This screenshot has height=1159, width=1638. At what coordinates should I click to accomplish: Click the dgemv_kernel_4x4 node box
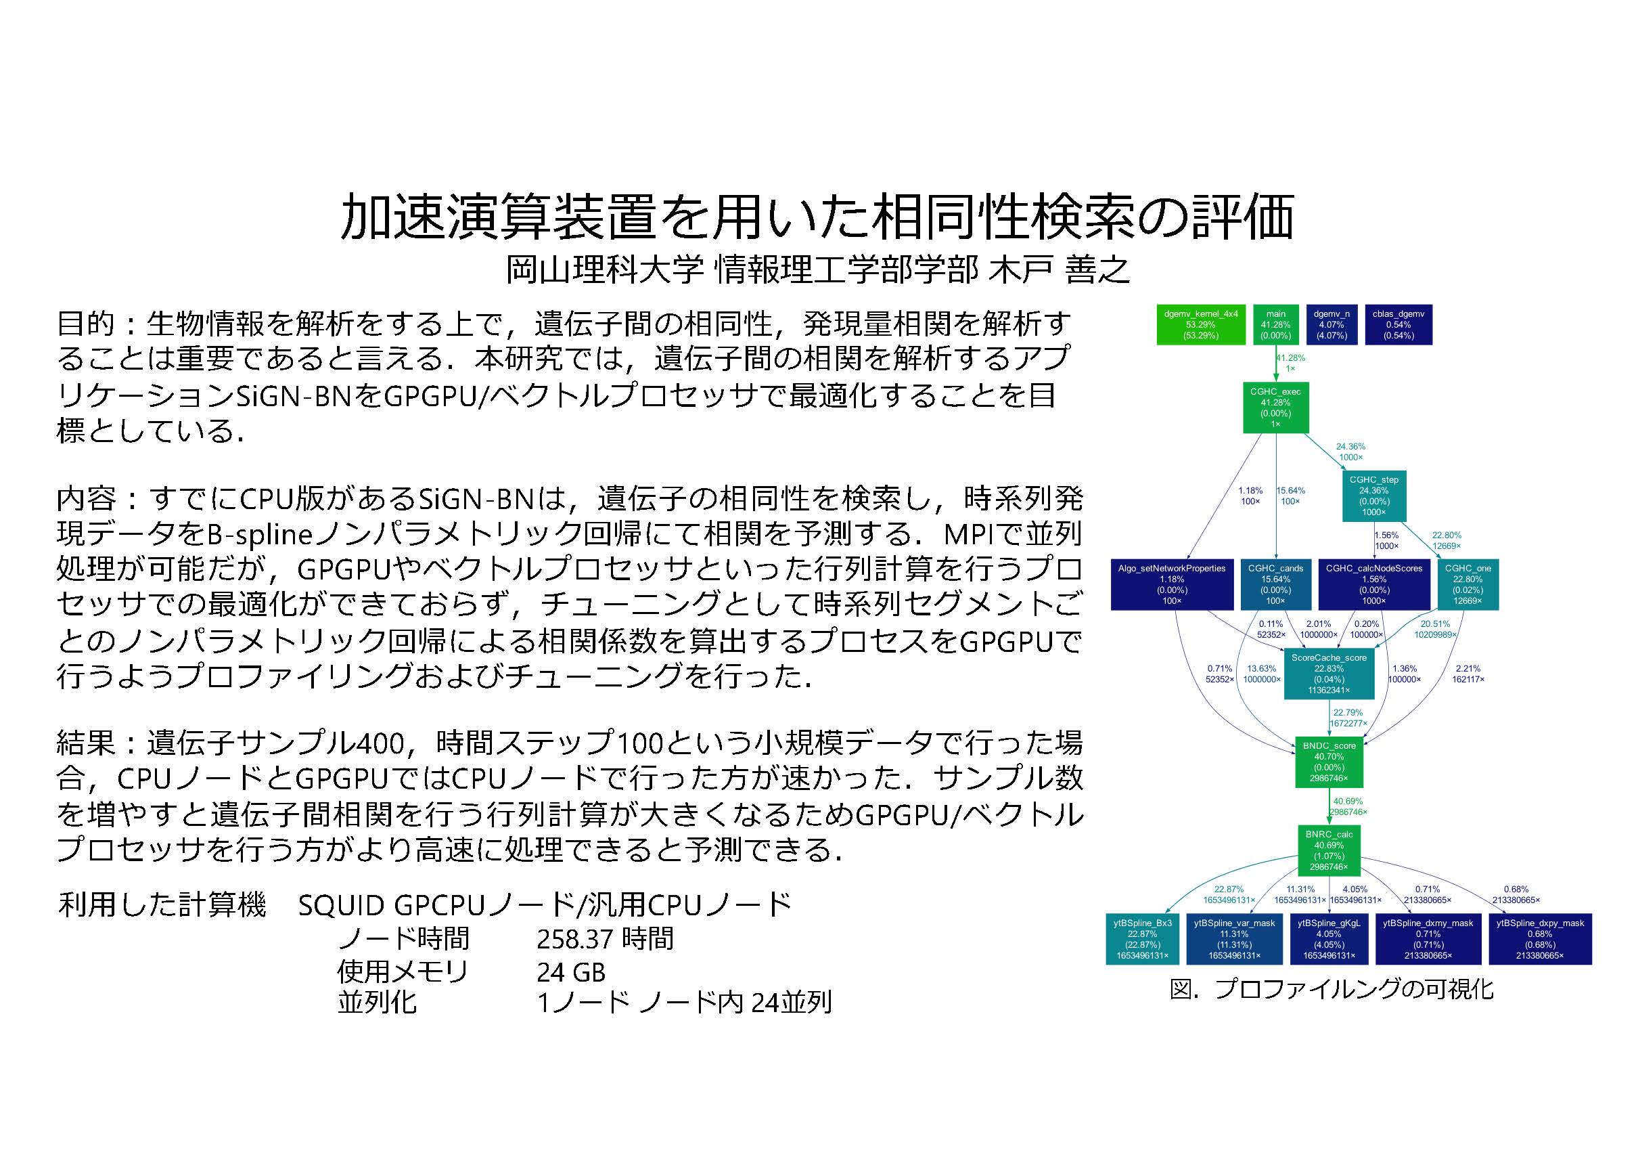tap(1201, 325)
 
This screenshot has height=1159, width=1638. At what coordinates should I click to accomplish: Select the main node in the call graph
tap(1275, 325)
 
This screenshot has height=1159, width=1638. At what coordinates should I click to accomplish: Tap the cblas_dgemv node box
tap(1398, 325)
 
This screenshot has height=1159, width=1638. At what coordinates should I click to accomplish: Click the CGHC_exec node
tap(1275, 408)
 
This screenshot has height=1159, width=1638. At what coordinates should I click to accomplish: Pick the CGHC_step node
tap(1373, 496)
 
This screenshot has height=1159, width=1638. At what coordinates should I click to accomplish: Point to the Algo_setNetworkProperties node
tap(1171, 584)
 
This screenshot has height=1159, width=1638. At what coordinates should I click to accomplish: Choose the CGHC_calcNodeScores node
tap(1373, 584)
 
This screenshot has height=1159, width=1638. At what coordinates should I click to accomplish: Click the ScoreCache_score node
tap(1329, 674)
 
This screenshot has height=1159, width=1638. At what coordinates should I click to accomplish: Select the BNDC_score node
tap(1329, 762)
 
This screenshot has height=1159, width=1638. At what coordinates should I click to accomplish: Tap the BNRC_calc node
tap(1329, 850)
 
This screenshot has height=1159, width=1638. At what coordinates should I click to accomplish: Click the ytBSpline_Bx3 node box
tap(1142, 938)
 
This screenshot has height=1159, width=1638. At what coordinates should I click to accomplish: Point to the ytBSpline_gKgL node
tap(1329, 938)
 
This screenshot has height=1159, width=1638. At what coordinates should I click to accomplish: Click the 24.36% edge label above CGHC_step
tap(1350, 452)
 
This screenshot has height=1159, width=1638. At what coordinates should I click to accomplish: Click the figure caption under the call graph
tap(1332, 989)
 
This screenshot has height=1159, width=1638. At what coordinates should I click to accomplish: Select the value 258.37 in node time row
tap(575, 939)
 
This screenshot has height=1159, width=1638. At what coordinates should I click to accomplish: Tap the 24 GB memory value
tap(571, 971)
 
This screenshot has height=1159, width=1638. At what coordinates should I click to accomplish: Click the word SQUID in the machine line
tap(341, 906)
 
